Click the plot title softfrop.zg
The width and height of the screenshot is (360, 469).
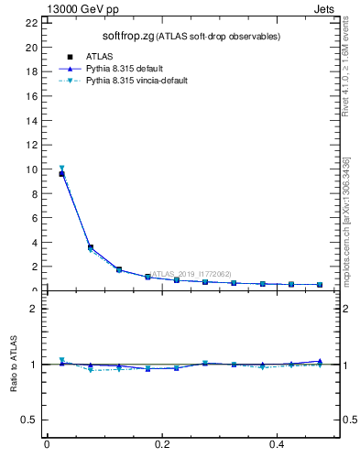127,36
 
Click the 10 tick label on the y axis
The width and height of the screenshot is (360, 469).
32,169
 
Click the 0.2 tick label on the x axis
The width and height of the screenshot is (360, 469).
162,444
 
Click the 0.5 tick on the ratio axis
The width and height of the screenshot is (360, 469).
31,420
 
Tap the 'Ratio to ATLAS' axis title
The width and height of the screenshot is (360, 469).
15,364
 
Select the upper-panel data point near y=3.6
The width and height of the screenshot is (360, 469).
90,247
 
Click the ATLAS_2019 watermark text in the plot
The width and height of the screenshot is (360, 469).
191,274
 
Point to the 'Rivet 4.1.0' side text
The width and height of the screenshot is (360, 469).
347,82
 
